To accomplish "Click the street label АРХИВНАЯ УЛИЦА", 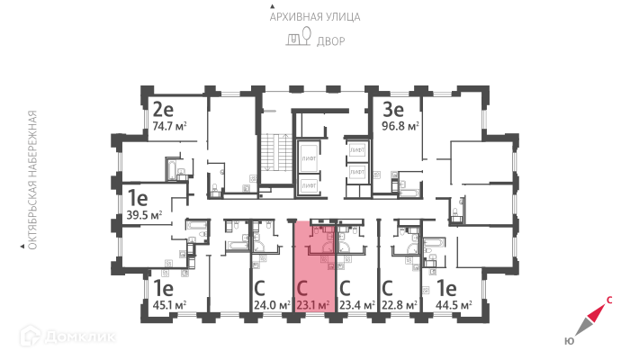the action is pos(314,16).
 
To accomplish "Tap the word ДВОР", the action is pos(329,40).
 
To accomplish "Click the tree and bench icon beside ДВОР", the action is pos(298,39).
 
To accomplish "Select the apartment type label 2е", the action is pos(163,111).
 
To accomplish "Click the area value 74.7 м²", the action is pos(173,127).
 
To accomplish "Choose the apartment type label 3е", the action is pos(393,111).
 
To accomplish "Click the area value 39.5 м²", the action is pos(144,215).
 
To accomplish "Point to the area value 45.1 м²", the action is pos(167,306).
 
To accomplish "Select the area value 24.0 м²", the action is pos(270,306).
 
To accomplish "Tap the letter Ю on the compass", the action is pos(569,340).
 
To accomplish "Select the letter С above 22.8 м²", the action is pos(388,290).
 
